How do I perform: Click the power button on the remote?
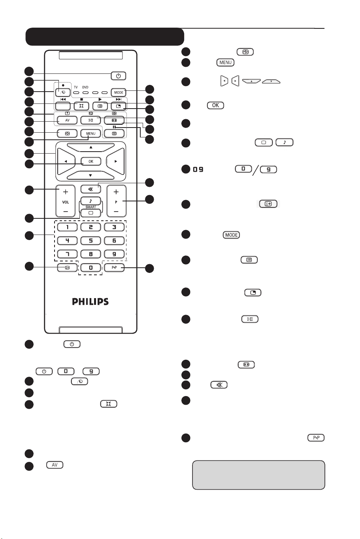pyautogui.click(x=119, y=75)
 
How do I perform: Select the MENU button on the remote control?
pyautogui.click(x=90, y=133)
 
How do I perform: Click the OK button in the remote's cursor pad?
pyautogui.click(x=90, y=161)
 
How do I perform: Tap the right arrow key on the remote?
pyautogui.click(x=116, y=161)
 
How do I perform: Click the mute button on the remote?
pyautogui.click(x=90, y=188)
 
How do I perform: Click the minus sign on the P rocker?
pyautogui.click(x=116, y=211)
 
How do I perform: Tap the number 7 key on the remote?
pyautogui.click(x=65, y=254)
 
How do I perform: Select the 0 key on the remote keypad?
pyautogui.click(x=90, y=268)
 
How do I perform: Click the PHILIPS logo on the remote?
pyautogui.click(x=90, y=302)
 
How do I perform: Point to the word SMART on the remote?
pyautogui.click(x=90, y=207)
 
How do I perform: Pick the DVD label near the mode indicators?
pyautogui.click(x=86, y=87)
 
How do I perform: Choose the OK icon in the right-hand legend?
pyautogui.click(x=215, y=106)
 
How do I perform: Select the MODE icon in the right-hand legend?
pyautogui.click(x=231, y=235)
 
